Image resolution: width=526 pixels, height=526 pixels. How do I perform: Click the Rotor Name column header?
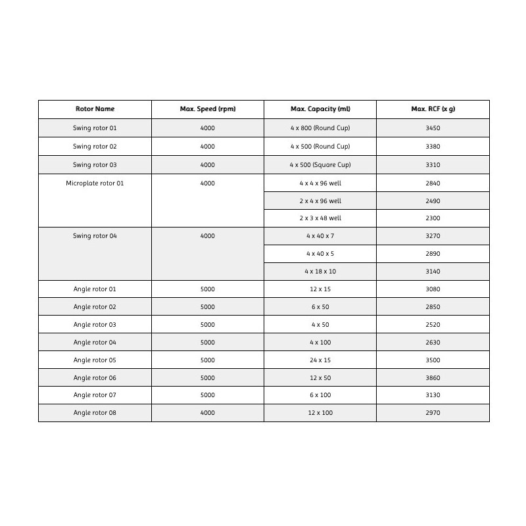[95, 109]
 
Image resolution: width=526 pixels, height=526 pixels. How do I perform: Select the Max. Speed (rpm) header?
[207, 109]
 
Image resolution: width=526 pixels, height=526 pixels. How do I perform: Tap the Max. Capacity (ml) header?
[320, 109]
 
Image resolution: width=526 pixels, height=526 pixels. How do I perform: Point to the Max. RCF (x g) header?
[433, 109]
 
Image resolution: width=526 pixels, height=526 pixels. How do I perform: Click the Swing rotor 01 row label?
[95, 128]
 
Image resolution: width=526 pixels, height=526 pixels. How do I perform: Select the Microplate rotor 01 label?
[95, 183]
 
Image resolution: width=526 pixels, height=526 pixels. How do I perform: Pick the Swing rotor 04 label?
[95, 236]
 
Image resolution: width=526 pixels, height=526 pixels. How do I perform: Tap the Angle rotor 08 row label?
[95, 413]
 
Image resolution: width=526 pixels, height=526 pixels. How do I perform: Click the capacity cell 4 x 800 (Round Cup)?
[320, 128]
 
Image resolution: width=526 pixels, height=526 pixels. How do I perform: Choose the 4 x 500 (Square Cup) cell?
[320, 165]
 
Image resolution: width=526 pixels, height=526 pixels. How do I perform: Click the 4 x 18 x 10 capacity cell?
[320, 272]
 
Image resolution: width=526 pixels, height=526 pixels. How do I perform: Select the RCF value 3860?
[433, 378]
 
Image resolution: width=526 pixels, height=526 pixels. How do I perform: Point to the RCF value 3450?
[433, 128]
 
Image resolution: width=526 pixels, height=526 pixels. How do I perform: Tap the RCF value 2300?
[433, 218]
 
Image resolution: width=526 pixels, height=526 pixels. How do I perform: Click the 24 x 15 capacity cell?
[320, 360]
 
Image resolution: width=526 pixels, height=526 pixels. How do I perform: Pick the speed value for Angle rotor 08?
[207, 413]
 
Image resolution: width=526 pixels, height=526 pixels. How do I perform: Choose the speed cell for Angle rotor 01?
[207, 289]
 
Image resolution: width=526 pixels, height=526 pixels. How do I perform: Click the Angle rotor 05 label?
[95, 360]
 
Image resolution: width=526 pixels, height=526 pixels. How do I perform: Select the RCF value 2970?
[433, 413]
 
